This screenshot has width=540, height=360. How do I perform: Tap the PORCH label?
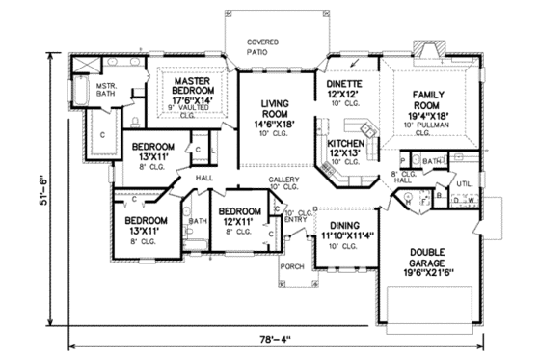pos(291,265)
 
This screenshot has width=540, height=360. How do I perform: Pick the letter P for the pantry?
pos(402,159)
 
